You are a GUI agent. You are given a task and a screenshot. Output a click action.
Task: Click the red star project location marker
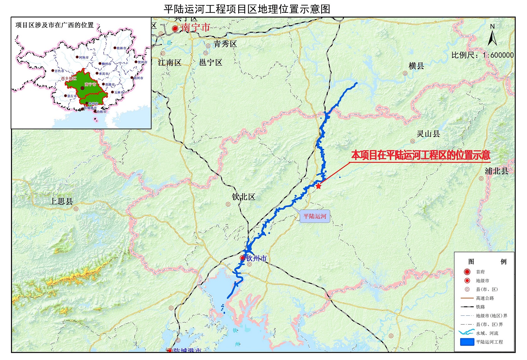(x=318, y=186)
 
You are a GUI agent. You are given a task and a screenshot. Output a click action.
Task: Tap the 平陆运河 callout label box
(x=315, y=216)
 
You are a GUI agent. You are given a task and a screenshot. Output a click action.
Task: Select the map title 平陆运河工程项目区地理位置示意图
(x=247, y=9)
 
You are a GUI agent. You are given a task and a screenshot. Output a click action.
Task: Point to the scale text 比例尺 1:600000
(x=482, y=55)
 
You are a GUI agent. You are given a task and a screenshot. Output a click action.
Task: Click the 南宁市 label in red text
(x=196, y=28)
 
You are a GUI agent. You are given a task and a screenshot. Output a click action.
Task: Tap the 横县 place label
(x=416, y=66)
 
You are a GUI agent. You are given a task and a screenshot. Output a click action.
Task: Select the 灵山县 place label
(x=428, y=134)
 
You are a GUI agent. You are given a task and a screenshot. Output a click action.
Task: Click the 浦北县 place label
(x=496, y=171)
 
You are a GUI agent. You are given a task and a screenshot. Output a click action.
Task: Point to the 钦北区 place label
(x=244, y=197)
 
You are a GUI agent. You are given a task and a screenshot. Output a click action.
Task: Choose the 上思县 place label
(x=62, y=201)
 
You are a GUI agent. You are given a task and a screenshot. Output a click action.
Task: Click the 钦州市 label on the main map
(x=256, y=259)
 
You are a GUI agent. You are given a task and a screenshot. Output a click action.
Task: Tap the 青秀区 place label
(x=225, y=44)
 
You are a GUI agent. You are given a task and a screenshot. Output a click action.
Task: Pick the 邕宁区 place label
(x=211, y=63)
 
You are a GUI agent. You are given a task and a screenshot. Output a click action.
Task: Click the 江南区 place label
(x=170, y=63)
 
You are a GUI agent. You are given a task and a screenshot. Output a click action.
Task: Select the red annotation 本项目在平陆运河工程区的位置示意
(x=421, y=155)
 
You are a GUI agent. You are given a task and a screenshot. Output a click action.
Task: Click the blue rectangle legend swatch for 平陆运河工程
(x=467, y=342)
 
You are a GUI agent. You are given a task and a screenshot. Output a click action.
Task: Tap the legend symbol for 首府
(x=467, y=272)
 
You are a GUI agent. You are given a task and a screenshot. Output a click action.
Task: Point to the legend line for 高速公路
(x=467, y=298)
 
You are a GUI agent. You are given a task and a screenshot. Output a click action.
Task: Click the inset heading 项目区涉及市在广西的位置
(x=55, y=25)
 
